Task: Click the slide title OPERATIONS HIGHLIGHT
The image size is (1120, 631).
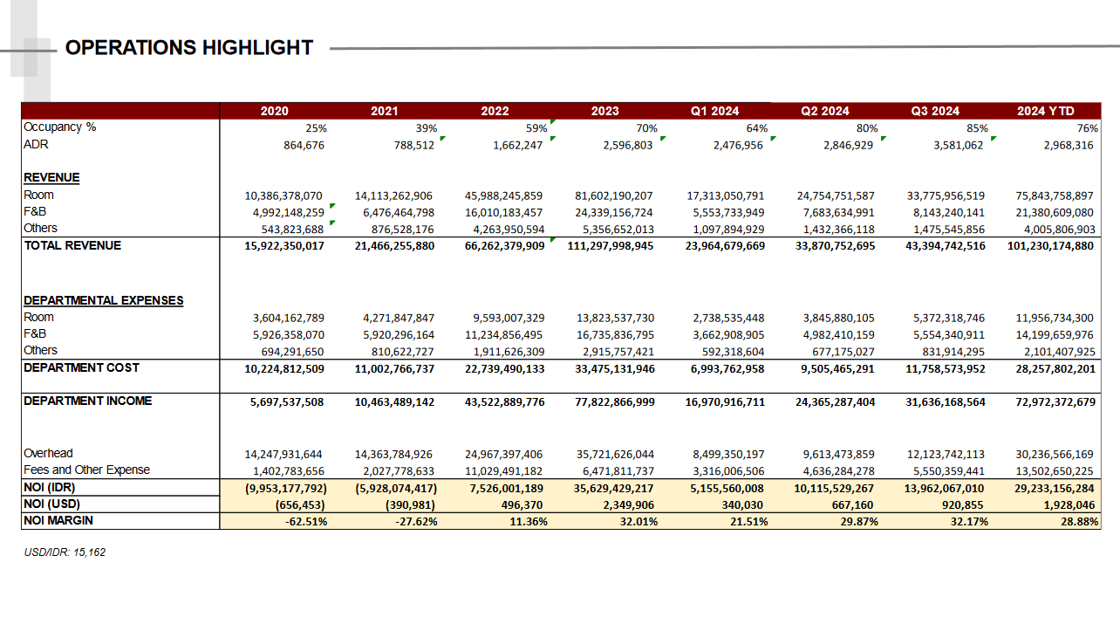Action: click(189, 47)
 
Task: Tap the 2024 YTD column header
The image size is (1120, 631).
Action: click(1045, 111)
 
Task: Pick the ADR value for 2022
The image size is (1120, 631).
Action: click(517, 146)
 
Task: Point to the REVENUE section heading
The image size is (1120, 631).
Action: click(51, 178)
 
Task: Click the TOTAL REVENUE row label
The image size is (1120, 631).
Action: click(72, 246)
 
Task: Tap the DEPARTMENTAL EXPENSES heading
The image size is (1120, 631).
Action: click(103, 301)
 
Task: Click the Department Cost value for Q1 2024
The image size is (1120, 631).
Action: click(715, 368)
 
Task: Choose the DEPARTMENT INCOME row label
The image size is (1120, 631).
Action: click(87, 401)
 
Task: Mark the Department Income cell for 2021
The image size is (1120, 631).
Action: click(394, 402)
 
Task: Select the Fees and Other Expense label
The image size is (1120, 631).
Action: click(86, 470)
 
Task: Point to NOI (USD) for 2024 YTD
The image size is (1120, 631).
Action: click(1068, 504)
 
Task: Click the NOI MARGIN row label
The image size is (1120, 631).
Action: click(58, 521)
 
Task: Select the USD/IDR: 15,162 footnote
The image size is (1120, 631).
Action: click(65, 552)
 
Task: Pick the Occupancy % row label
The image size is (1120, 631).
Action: click(59, 127)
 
